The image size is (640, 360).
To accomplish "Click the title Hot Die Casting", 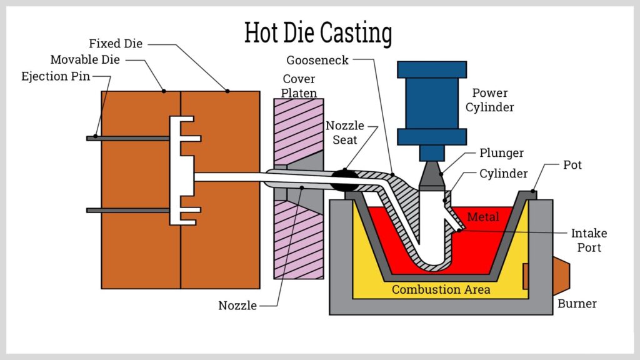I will coord(318,32).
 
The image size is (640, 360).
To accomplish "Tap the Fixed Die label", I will coord(116,44).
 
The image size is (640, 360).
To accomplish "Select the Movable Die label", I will coord(85,60).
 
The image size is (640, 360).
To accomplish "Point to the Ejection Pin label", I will coord(56,76).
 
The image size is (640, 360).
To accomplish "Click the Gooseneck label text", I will coord(317,60).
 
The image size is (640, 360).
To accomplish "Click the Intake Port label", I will coord(589,241).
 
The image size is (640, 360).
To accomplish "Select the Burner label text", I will coord(577,304).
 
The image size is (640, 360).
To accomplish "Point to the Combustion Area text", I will coord(441,289).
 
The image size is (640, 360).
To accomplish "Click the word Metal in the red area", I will coord(483,217).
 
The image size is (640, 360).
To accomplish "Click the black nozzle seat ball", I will coord(345,181).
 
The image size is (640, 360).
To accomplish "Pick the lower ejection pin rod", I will coord(128,211).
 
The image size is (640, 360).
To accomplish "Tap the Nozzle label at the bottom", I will coord(237,306).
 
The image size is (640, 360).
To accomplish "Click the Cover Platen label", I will coord(299,86).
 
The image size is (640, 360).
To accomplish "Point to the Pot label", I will coord(572,165).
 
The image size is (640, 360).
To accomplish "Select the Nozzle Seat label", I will coord(344,132).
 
